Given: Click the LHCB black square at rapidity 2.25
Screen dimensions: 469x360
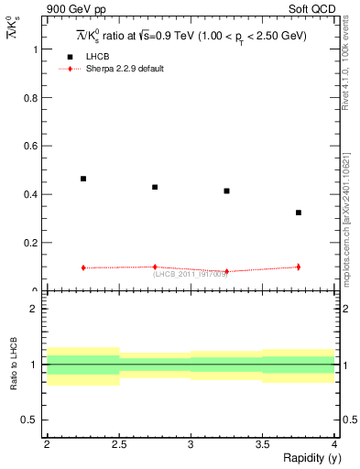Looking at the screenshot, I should coord(83,179).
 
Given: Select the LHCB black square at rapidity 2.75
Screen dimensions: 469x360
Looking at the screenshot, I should coord(155,187).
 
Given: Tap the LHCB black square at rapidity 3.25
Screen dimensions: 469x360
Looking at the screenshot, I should coord(226,191).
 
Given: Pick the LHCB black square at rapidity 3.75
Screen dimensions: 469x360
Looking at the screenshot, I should coord(299,213).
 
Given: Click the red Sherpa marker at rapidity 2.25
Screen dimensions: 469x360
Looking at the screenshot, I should coord(83,267).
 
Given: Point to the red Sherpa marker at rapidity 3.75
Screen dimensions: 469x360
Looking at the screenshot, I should coord(299,267).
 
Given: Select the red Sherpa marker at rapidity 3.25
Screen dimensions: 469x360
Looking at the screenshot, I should coord(226,271).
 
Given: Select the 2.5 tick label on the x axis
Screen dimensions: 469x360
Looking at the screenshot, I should coord(118,444).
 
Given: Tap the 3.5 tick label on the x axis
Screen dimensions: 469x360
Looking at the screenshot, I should coord(262,444).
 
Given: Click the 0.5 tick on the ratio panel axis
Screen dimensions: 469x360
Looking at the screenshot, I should coord(32,420).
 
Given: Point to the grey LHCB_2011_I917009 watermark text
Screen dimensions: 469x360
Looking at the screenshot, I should coord(191,274).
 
